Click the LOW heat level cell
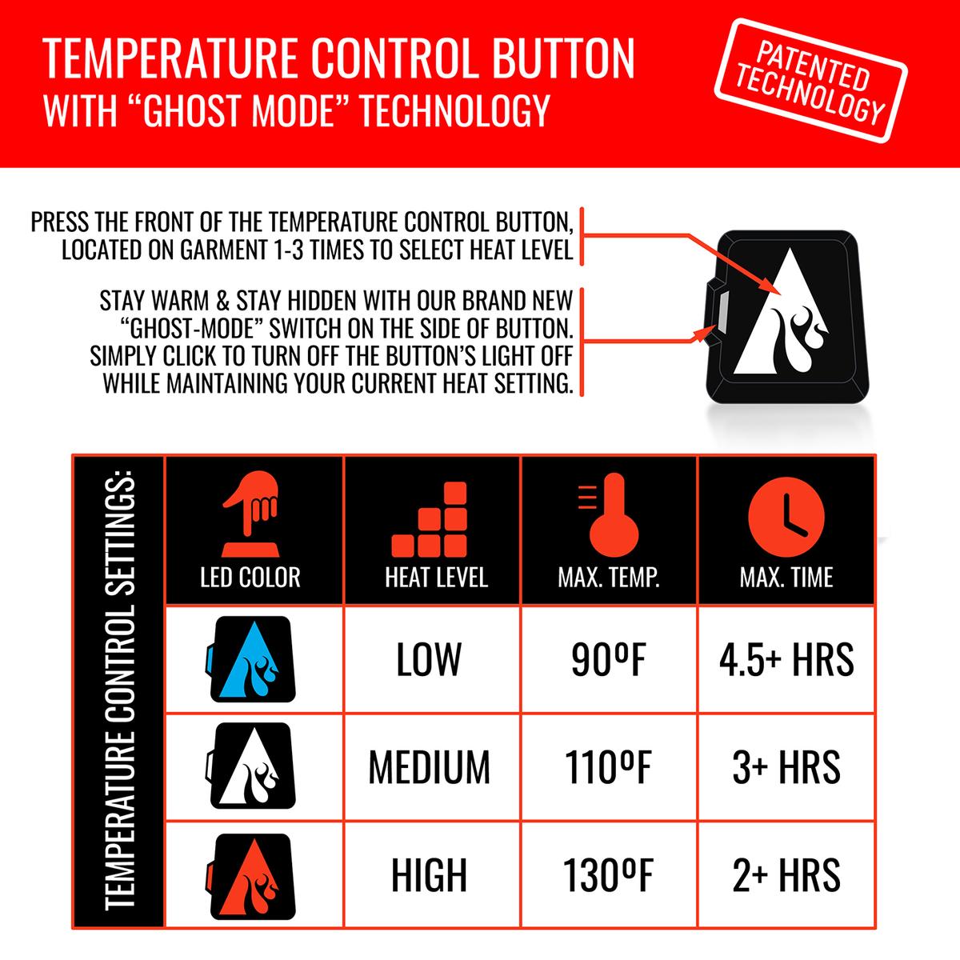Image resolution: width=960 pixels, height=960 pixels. [429, 659]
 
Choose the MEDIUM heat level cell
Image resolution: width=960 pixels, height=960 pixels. [429, 766]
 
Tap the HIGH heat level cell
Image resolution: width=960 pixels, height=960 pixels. [429, 874]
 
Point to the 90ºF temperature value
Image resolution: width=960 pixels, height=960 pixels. [608, 659]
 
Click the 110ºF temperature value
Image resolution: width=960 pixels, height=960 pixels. [608, 766]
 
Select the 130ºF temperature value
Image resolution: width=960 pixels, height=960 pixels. [608, 874]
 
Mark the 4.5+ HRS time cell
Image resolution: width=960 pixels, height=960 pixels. [787, 659]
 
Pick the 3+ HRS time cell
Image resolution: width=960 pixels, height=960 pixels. [787, 766]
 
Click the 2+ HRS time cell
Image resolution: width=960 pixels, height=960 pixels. [787, 874]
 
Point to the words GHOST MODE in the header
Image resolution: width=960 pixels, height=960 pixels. [244, 110]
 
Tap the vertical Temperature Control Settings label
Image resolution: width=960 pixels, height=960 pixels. [118, 692]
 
